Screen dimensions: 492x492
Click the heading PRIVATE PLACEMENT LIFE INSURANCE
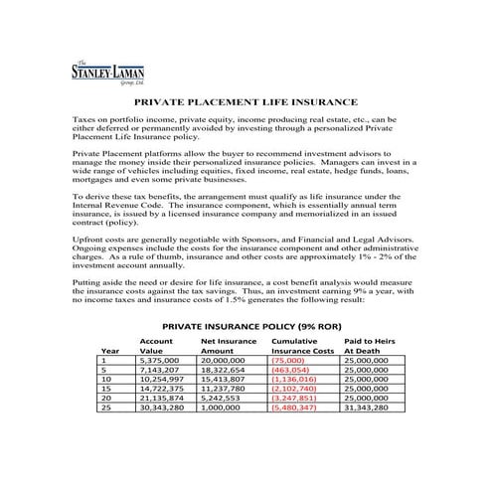[246, 102]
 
